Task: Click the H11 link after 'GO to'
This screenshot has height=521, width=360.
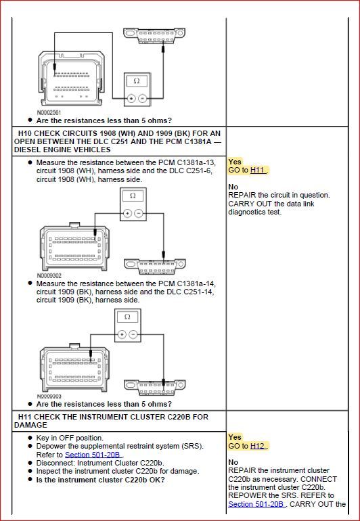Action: pyautogui.click(x=258, y=171)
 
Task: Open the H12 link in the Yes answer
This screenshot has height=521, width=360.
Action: pyautogui.click(x=258, y=446)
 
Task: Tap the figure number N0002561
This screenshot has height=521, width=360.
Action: pyautogui.click(x=49, y=112)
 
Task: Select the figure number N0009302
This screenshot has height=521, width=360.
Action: pyautogui.click(x=49, y=276)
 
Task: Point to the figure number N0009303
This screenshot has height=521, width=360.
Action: pyautogui.click(x=49, y=396)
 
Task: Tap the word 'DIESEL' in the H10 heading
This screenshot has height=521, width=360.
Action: pyautogui.click(x=28, y=150)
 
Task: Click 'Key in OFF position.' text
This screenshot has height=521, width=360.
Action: pyautogui.click(x=70, y=438)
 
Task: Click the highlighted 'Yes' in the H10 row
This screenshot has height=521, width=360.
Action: pyautogui.click(x=235, y=162)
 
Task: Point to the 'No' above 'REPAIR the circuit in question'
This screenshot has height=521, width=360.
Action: pyautogui.click(x=233, y=187)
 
